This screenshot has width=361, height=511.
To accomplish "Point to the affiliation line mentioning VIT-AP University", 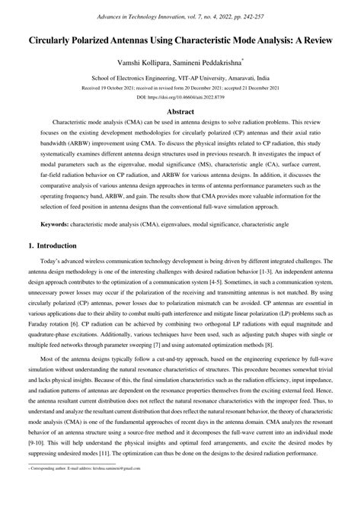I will [x=180, y=77].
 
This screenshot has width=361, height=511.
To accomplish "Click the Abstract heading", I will [x=180, y=111].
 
